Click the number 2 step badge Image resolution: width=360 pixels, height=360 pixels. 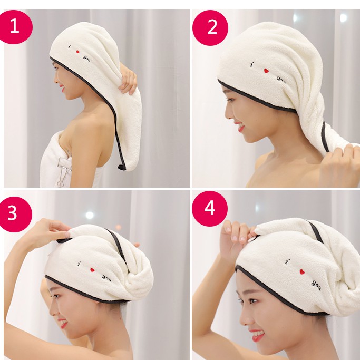point(210,28)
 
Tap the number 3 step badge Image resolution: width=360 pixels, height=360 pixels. point(14,214)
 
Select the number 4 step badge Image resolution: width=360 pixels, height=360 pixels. point(210,209)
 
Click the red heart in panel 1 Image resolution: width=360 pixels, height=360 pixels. point(78,52)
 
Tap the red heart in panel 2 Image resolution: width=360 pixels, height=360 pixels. point(266,71)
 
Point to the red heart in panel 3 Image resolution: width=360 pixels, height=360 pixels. point(92,270)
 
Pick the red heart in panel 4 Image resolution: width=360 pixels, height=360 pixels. point(302,272)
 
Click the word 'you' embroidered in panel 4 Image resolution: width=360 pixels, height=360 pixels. point(316,285)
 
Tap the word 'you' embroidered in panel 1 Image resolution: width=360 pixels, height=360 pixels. point(87,59)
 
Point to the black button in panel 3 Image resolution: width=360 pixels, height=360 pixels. point(64,240)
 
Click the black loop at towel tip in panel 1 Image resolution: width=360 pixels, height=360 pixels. point(121,166)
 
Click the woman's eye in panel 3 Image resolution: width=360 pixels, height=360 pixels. point(55,296)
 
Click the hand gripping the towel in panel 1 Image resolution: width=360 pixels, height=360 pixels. point(128,79)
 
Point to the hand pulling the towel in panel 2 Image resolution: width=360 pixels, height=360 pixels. point(339,166)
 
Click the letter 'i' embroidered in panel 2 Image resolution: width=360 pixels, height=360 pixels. point(252,64)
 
